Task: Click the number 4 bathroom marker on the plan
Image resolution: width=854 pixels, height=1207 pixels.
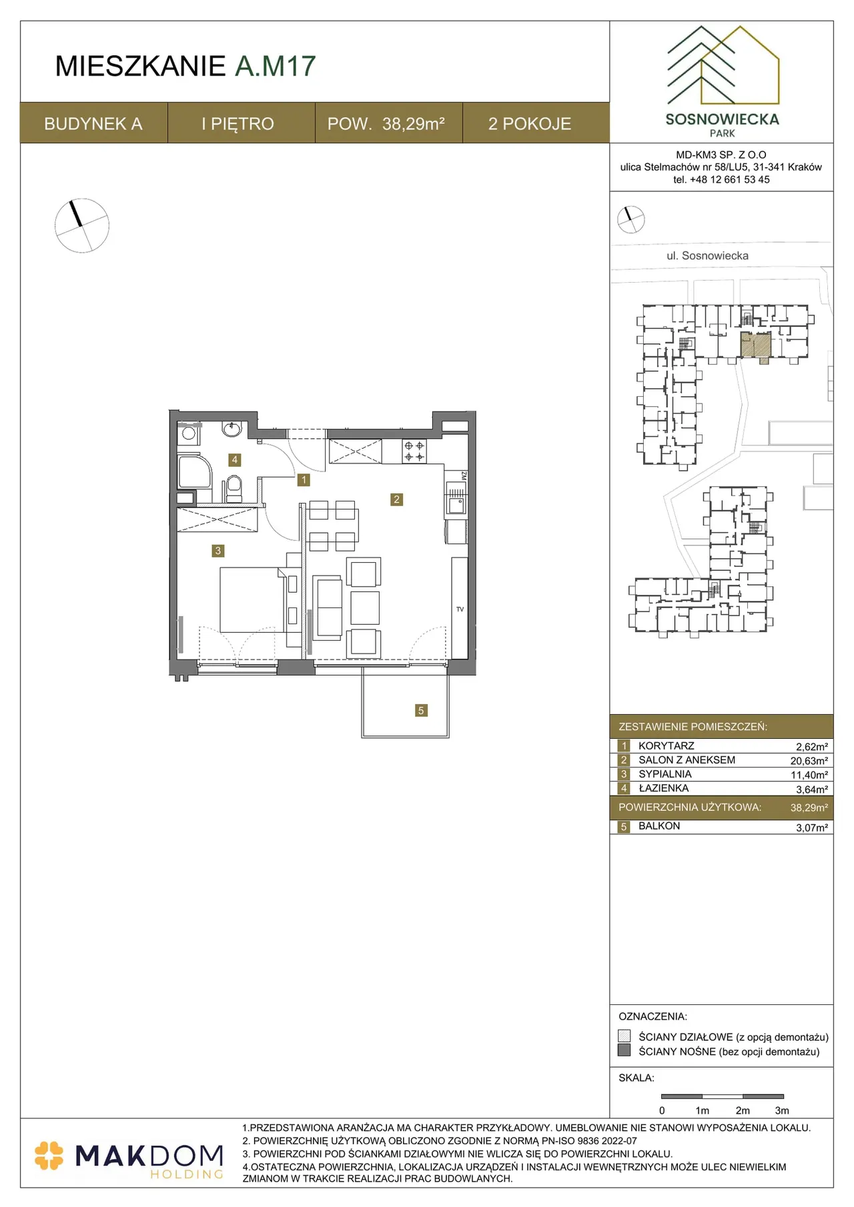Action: [x=234, y=459]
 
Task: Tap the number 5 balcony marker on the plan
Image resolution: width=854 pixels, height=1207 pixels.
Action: [x=420, y=710]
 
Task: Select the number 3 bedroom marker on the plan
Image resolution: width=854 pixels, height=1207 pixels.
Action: [x=218, y=551]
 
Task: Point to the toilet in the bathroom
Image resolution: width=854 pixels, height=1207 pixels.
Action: [x=234, y=488]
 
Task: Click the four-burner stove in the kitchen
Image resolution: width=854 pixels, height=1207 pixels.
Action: [x=414, y=451]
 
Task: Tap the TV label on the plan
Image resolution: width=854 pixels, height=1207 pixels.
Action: [x=460, y=610]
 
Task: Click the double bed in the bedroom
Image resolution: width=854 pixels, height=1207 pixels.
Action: [x=253, y=599]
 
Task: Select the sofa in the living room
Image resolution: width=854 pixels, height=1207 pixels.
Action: [x=328, y=607]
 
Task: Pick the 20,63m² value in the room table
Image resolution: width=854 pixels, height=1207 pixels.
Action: [x=809, y=761]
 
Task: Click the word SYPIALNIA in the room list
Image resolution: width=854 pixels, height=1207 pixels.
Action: [x=665, y=774]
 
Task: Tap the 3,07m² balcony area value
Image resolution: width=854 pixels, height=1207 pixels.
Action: [x=812, y=828]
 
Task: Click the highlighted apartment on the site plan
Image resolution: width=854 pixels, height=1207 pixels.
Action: [x=756, y=345]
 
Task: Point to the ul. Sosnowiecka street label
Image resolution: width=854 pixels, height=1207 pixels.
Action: [x=707, y=255]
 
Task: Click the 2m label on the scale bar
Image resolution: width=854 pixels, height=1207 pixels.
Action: [x=743, y=1110]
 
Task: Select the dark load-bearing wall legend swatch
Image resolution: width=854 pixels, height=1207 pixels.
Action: [x=624, y=1050]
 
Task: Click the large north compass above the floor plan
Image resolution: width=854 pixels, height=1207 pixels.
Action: [x=81, y=225]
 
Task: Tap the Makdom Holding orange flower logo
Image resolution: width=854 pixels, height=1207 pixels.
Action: [x=49, y=1156]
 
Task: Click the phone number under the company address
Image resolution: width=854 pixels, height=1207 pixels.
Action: [x=721, y=179]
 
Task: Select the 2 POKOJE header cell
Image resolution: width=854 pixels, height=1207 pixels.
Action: [x=530, y=123]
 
